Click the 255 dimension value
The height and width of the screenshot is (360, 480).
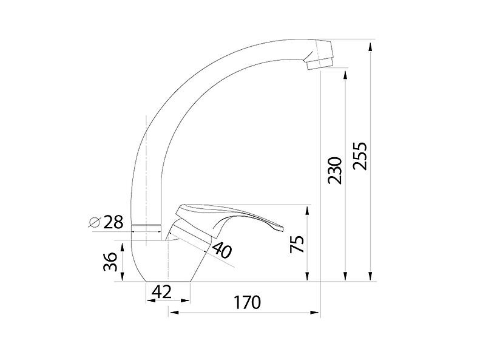click(360, 157)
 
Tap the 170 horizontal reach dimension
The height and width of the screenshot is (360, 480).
click(246, 302)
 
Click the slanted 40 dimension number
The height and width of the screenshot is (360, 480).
click(222, 250)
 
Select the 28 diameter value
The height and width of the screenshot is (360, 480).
click(112, 222)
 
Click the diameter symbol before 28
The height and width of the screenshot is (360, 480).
click(95, 222)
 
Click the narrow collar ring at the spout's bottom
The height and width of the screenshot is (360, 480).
click(146, 228)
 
